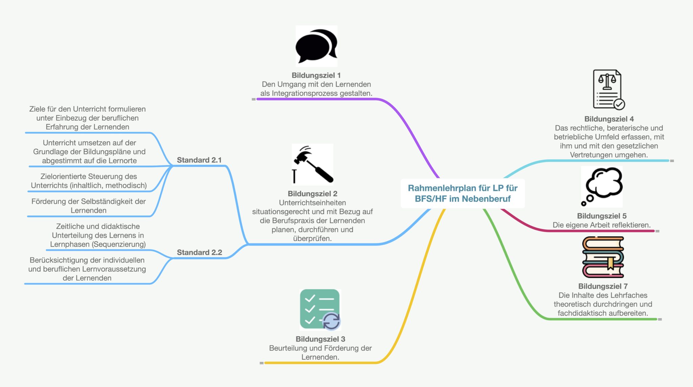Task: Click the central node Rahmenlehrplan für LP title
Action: (463, 193)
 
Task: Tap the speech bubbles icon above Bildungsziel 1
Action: (316, 46)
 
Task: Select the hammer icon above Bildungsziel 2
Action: (313, 165)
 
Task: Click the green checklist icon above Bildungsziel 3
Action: (320, 309)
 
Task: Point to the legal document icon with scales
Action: (608, 90)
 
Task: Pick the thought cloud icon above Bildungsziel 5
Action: (602, 186)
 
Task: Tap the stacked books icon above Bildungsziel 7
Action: (603, 257)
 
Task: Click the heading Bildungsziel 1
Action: (316, 75)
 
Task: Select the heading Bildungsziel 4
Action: (609, 119)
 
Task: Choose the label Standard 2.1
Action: (199, 160)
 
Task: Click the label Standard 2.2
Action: (199, 252)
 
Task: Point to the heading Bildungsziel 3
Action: (320, 339)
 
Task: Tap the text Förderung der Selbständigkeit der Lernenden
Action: (89, 206)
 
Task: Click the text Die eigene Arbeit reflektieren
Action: (602, 225)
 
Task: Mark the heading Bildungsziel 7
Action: (603, 286)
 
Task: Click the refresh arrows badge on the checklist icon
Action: (331, 321)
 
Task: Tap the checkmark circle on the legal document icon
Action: (619, 104)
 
